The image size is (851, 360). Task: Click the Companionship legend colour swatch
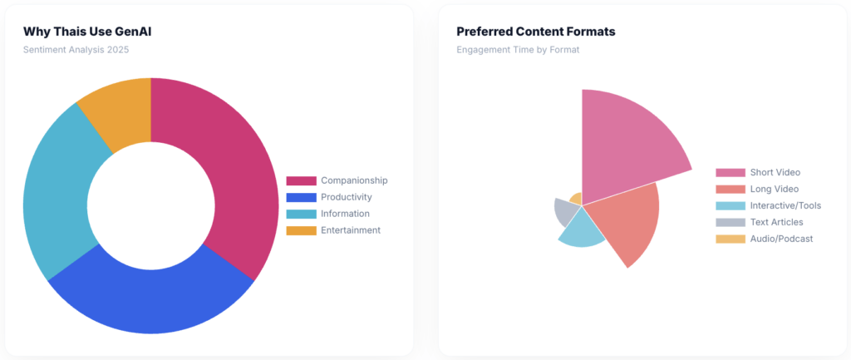[x=301, y=180]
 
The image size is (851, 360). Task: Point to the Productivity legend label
[x=346, y=197]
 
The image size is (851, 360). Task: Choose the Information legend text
[x=345, y=214]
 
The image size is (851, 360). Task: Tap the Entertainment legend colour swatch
[x=301, y=230]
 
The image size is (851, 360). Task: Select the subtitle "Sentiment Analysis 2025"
[x=76, y=49]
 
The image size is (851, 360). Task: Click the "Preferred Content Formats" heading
[x=535, y=32]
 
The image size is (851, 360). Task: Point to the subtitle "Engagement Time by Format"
[x=518, y=49]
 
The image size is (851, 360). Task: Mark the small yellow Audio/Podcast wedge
[x=575, y=199]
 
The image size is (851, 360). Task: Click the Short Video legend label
[x=775, y=172]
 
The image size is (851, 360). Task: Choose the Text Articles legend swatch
[x=730, y=222]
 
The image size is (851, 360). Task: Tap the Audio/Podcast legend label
[x=781, y=239]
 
